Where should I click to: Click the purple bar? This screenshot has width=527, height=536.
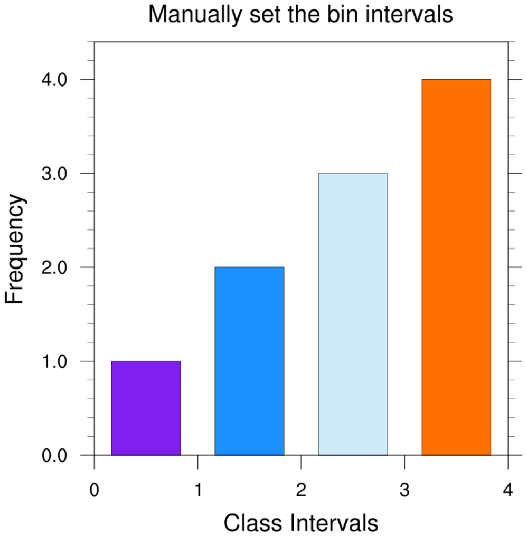pyautogui.click(x=146, y=408)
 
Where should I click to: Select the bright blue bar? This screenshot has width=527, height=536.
pyautogui.click(x=249, y=361)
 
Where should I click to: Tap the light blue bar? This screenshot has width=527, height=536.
pyautogui.click(x=353, y=314)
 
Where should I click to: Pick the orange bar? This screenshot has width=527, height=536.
pyautogui.click(x=456, y=267)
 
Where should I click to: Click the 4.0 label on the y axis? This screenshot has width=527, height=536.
pyautogui.click(x=55, y=80)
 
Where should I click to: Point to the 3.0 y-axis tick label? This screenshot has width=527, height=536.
pyautogui.click(x=55, y=174)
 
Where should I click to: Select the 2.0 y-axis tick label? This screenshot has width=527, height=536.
pyautogui.click(x=55, y=267)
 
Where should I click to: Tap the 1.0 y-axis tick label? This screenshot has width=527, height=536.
pyautogui.click(x=55, y=361)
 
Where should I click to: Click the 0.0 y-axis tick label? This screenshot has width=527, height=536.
pyautogui.click(x=55, y=455)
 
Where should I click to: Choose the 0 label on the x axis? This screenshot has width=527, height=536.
pyautogui.click(x=95, y=491)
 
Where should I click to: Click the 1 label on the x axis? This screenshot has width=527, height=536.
pyautogui.click(x=198, y=491)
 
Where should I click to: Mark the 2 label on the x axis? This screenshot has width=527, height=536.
pyautogui.click(x=301, y=491)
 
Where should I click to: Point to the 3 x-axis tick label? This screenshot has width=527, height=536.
pyautogui.click(x=404, y=491)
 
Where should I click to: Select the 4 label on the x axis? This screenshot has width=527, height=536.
pyautogui.click(x=508, y=491)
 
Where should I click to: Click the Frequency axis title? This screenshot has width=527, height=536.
pyautogui.click(x=15, y=249)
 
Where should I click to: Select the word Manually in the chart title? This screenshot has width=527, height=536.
pyautogui.click(x=189, y=15)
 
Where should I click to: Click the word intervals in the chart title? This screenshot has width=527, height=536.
pyautogui.click(x=410, y=14)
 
